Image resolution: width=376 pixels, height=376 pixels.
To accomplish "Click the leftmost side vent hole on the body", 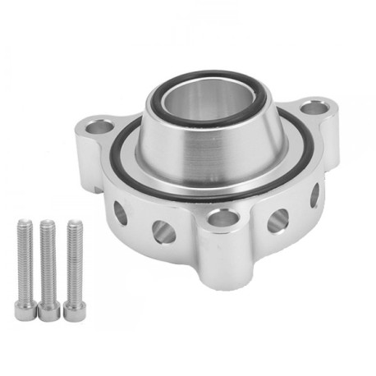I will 120,213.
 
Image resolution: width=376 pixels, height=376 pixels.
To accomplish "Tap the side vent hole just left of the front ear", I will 162,229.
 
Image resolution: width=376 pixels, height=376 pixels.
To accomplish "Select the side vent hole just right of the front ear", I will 278,220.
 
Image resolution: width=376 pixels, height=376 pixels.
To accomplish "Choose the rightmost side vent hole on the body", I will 314,195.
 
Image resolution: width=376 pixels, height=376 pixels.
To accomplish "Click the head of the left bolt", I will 25,310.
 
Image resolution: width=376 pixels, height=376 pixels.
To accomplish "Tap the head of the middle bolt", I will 50,310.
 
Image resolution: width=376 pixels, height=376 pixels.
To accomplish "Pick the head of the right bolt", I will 75,309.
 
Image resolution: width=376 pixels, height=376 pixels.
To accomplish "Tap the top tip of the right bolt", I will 75,221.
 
